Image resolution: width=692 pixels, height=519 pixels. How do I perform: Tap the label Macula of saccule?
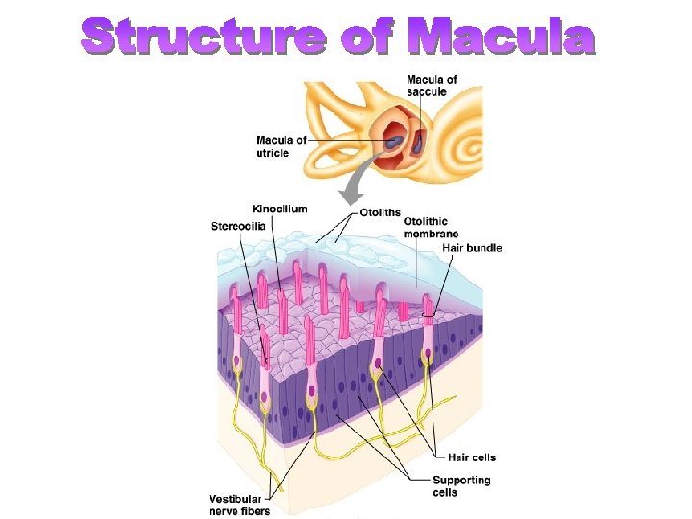pos(432,85)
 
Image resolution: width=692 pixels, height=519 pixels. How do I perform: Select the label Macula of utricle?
pos(281,146)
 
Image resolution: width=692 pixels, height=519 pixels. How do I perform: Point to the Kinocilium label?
pos(280,209)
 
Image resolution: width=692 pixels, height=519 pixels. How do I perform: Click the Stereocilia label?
pos(238,227)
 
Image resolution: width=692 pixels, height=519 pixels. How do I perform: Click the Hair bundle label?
pos(471,248)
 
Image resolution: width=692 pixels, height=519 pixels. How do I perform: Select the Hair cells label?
pos(472,457)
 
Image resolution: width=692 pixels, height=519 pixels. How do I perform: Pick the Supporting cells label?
pos(462,485)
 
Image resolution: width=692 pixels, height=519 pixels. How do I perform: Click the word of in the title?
pos(367,38)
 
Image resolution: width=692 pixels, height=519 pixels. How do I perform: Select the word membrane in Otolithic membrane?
pos(431,234)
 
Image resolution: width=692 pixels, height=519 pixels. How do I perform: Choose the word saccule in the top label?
pos(426,91)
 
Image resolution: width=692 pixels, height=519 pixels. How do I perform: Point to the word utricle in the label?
pos(273,153)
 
